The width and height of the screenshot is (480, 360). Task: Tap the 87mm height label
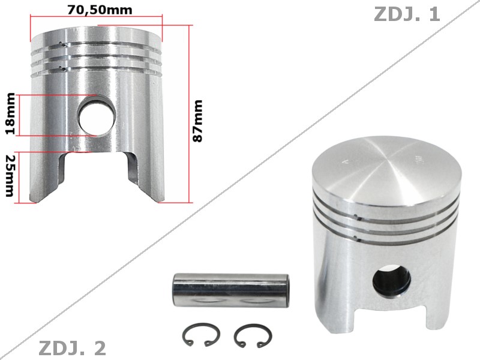(x=198, y=121)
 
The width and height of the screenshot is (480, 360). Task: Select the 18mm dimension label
(x=10, y=114)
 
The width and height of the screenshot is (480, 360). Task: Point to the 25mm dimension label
(x=8, y=175)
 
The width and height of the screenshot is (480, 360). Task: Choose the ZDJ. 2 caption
(x=72, y=347)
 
